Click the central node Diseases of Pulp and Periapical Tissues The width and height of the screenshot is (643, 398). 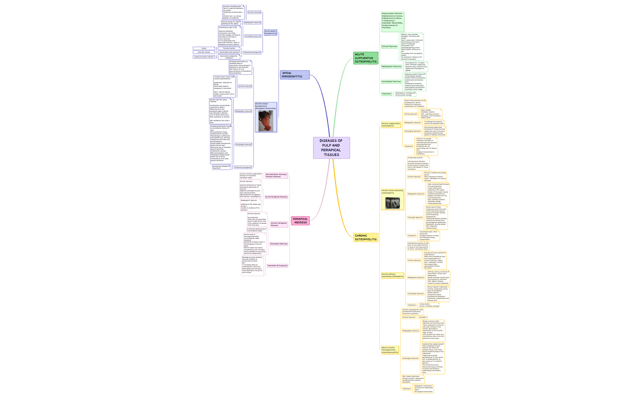coord(331,148)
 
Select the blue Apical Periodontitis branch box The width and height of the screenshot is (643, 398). coord(295,75)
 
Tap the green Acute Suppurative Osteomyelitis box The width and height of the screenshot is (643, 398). coord(366,58)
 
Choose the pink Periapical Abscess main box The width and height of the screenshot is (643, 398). coord(300,221)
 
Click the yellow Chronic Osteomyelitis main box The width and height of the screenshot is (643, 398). coord(366,238)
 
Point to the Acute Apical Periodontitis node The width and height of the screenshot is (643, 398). coord(270,32)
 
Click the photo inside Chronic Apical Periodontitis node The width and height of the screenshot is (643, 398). coord(266,121)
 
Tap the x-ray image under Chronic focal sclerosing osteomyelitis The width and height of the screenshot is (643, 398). coord(392,203)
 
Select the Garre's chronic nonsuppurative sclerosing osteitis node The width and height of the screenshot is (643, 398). coord(390,350)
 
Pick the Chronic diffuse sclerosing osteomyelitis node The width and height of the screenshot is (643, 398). coord(392,276)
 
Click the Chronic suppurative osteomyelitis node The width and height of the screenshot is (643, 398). coord(391,125)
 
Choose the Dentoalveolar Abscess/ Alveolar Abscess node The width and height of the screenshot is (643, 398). coord(276,175)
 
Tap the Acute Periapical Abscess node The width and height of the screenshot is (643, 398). coord(276,197)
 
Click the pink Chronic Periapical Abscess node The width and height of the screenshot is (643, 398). coord(279,224)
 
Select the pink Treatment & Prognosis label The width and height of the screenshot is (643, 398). coord(277,266)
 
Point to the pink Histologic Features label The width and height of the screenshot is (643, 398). coord(279,244)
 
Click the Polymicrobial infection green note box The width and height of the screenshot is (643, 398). coord(392,21)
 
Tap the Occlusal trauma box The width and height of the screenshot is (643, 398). coord(204,52)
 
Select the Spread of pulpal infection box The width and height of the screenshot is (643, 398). coord(204,57)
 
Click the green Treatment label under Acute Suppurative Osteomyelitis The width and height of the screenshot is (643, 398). coord(386,94)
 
